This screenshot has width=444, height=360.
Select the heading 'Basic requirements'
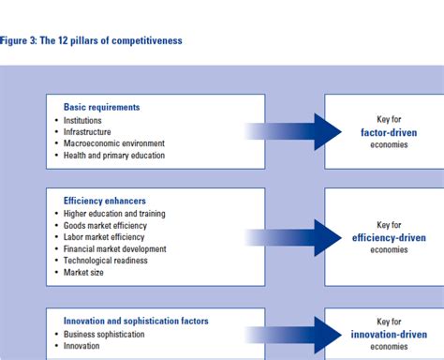[x=101, y=107]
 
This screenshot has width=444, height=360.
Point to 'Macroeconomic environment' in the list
[x=114, y=143]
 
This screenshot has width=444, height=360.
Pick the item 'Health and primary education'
[x=114, y=156]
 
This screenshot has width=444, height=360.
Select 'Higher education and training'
[x=115, y=215]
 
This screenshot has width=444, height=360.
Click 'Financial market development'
[x=115, y=249]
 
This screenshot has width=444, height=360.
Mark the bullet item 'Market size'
[x=83, y=273]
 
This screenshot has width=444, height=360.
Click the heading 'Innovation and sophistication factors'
[x=136, y=322]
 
